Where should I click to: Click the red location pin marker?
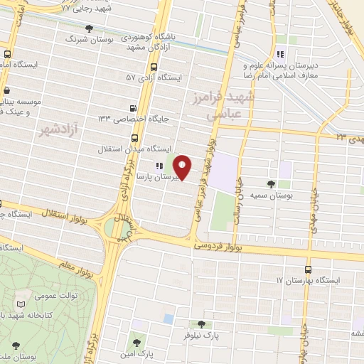(183, 167)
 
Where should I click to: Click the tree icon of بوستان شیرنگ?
(88, 29)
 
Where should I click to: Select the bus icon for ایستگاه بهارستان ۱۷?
(307, 269)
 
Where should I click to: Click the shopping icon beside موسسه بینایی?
(7, 91)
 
